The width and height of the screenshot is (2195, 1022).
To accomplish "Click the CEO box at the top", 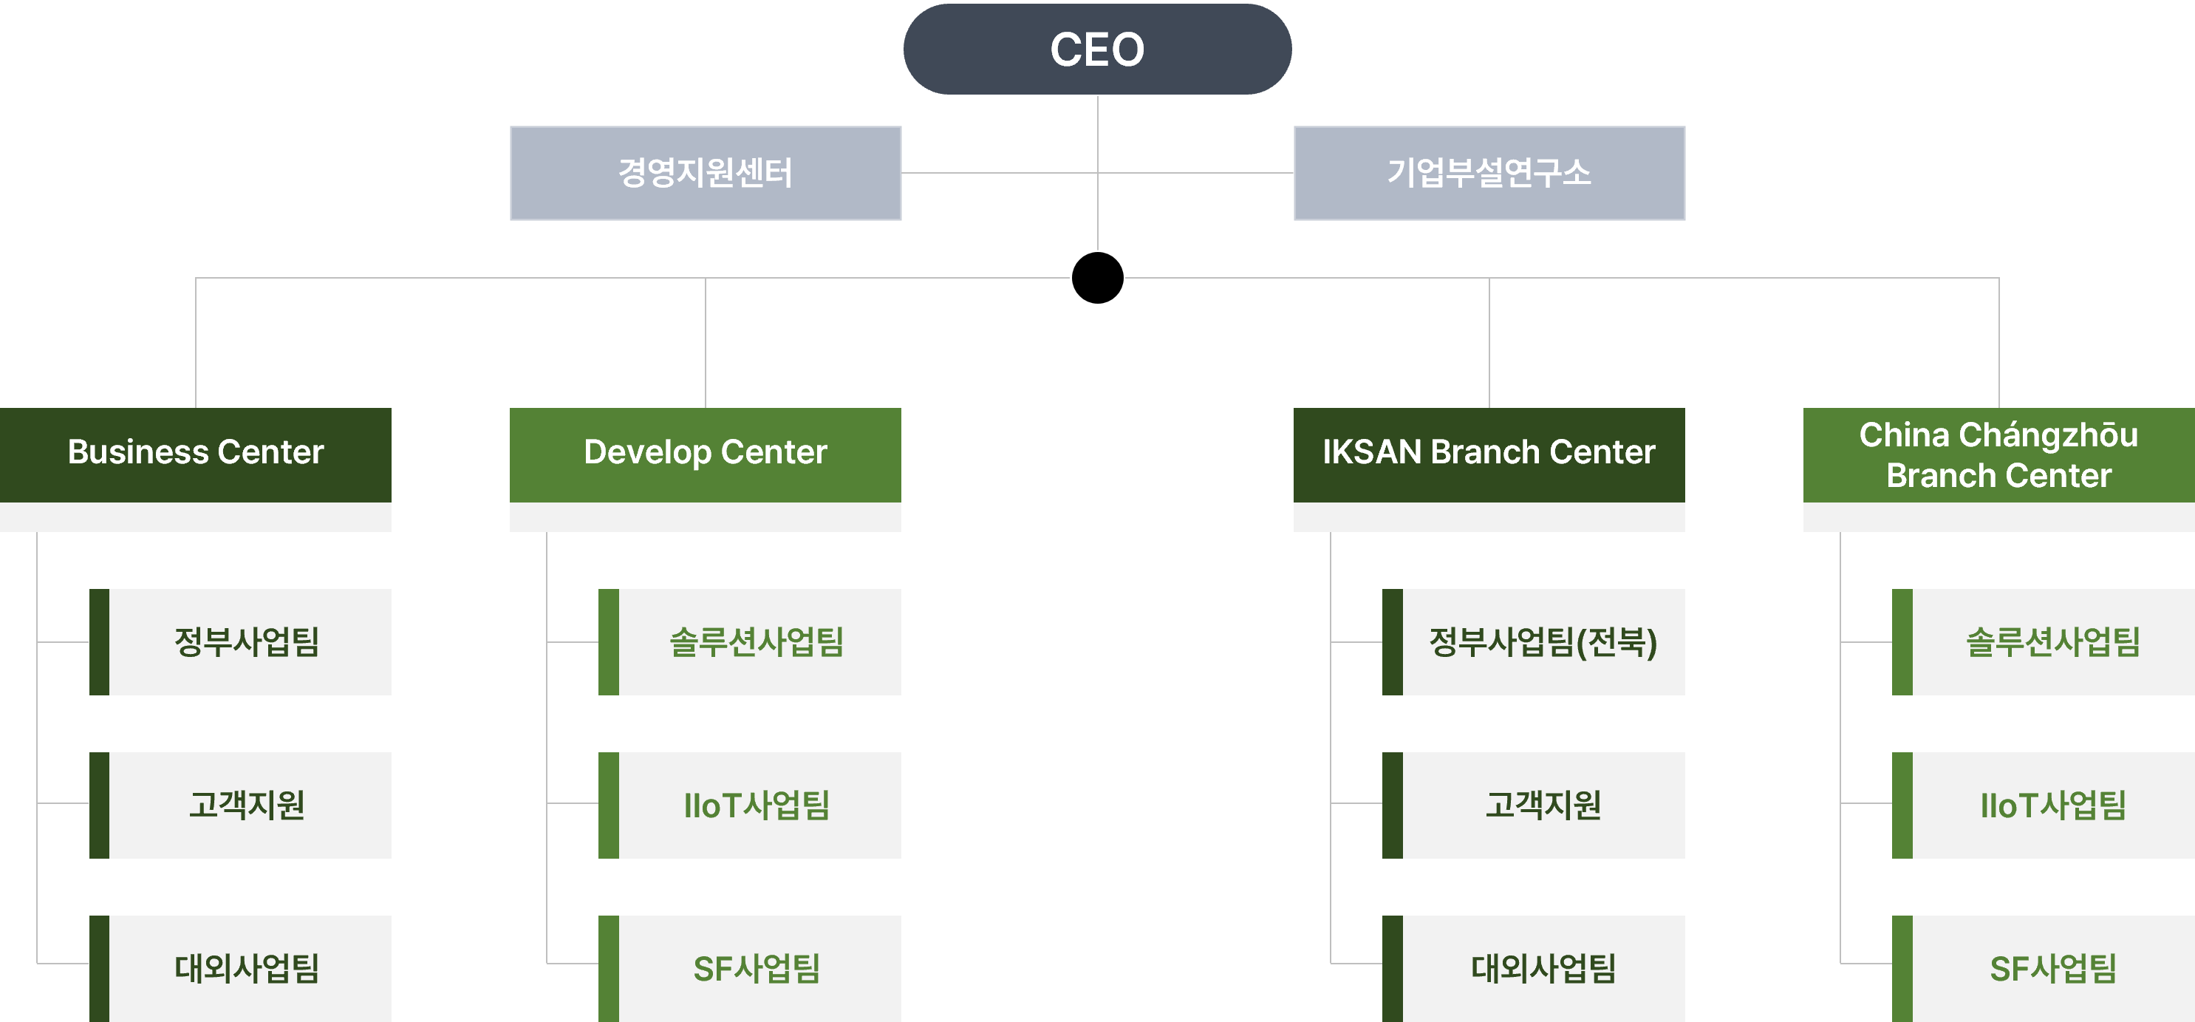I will (x=1098, y=50).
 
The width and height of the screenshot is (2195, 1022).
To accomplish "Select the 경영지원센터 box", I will (x=706, y=173).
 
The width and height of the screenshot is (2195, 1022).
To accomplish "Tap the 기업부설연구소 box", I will (x=1489, y=173).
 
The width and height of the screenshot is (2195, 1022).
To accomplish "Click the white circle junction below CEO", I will (x=1098, y=278).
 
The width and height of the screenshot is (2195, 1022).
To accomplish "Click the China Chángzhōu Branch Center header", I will (x=1998, y=455).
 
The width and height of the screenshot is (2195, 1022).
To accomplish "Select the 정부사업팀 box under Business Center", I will (x=247, y=642).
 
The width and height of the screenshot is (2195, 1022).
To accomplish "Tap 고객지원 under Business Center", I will (x=247, y=805).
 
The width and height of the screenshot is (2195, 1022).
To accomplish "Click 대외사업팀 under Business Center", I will (x=247, y=968).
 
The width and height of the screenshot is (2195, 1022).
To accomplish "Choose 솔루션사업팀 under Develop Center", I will (x=757, y=642).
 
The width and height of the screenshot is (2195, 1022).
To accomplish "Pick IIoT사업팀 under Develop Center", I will (x=757, y=805).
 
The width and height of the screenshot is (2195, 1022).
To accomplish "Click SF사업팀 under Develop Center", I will (x=757, y=968).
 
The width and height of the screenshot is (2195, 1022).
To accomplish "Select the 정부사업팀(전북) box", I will (x=1543, y=642).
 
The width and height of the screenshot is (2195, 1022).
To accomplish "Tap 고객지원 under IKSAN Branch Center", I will (x=1543, y=805).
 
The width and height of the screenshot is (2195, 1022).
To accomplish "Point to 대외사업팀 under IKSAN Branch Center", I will (x=1543, y=968).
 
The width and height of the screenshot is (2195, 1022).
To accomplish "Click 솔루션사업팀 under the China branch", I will (x=2052, y=642).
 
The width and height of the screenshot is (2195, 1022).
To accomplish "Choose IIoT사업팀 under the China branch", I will (x=2052, y=805).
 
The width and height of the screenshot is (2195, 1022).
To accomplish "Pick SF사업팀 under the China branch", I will (x=2052, y=968).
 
